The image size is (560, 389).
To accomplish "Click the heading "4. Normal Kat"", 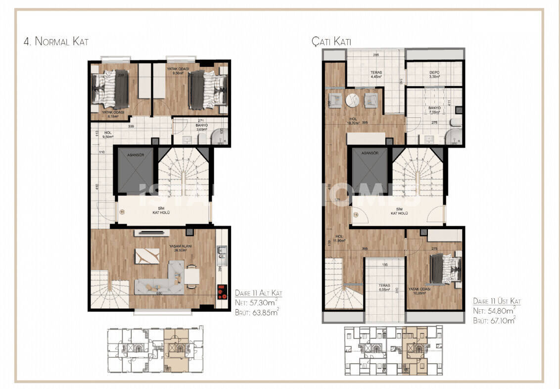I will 56,42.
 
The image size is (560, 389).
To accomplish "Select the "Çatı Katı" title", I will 331,42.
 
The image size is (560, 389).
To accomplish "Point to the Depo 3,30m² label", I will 434,75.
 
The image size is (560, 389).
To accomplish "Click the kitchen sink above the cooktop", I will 221,253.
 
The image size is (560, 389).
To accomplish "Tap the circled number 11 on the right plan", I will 355,215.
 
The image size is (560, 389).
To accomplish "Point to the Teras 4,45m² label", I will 376,75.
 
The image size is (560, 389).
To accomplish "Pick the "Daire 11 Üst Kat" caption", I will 497,300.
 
